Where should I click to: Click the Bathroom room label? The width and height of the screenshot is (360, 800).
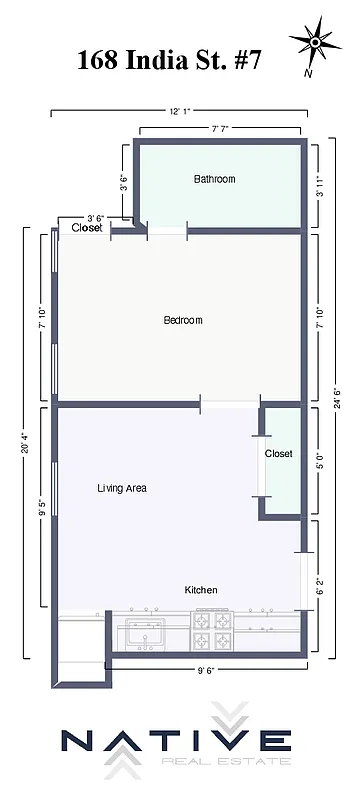214,179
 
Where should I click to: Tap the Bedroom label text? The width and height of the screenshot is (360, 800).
183,320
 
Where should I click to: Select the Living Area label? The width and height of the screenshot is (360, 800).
122,488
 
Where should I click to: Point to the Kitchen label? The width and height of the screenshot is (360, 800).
201,590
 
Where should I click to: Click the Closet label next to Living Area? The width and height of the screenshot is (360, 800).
279,453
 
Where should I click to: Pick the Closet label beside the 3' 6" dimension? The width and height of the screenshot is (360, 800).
87,228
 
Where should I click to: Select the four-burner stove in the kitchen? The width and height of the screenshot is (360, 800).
212,631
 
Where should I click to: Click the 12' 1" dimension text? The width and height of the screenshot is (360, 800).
175,110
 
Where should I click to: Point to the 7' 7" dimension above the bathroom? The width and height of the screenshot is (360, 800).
221,128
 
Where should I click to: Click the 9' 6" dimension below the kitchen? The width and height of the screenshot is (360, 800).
205,671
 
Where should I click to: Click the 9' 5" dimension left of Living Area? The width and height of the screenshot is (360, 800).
42,505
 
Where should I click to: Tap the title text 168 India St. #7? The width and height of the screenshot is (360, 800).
170,59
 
